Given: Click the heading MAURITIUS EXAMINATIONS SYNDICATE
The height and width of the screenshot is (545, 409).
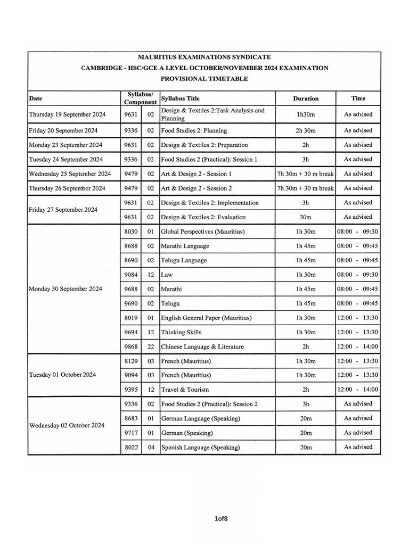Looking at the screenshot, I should tap(204, 56).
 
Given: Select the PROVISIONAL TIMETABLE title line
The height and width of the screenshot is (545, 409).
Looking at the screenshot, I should tap(204, 79).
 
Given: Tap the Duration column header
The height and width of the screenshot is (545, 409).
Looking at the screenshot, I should tap(306, 98).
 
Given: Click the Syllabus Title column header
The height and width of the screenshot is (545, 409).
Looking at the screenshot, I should tap(181, 98).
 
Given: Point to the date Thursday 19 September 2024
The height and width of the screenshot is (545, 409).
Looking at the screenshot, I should tap(67, 114).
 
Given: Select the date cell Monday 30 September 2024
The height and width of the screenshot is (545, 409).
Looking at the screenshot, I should tap(65, 289).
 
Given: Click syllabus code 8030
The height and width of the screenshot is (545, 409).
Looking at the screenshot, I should tap(130, 232).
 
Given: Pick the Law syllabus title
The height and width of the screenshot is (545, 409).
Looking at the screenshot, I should tap(167, 275).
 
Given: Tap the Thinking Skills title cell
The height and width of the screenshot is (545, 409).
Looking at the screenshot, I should tap(181, 332).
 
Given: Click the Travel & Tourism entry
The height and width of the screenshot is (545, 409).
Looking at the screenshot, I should tap(185, 390).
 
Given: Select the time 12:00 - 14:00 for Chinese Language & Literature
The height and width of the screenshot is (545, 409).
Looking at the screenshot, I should tap(357, 346).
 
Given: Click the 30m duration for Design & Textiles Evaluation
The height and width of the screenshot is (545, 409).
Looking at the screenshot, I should tap(306, 217).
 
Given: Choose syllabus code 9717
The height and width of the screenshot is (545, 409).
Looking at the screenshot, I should tap(130, 433).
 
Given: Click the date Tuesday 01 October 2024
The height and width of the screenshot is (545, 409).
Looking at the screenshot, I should tap(62, 375).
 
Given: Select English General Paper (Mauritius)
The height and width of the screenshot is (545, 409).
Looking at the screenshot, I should tap(206, 318).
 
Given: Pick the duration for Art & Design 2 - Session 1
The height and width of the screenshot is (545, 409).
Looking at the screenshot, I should tap(306, 174).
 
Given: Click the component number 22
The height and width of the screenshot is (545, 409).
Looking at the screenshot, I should tap(151, 346).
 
